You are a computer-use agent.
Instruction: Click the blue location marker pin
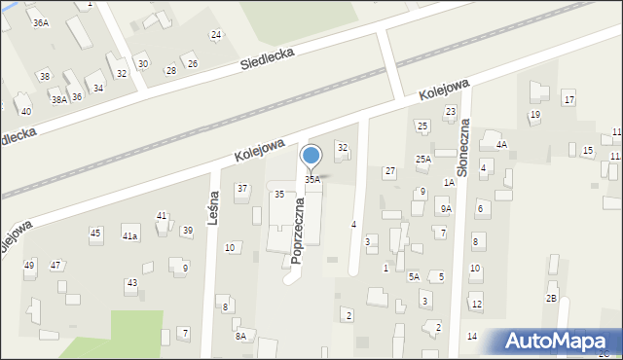pyautogui.click(x=311, y=157)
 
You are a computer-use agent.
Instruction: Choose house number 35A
pyautogui.click(x=311, y=180)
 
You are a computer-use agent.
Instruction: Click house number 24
pyautogui.click(x=216, y=35)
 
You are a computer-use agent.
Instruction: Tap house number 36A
pyautogui.click(x=40, y=21)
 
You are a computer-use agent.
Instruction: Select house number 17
pyautogui.click(x=568, y=100)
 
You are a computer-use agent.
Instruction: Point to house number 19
pyautogui.click(x=534, y=115)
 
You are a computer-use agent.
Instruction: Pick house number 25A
pyautogui.click(x=423, y=159)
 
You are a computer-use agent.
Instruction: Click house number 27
pyautogui.click(x=389, y=171)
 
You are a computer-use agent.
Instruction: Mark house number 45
pyautogui.click(x=95, y=233)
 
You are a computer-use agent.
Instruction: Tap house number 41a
pyautogui.click(x=129, y=235)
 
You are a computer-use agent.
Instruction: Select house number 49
pyautogui.click(x=29, y=266)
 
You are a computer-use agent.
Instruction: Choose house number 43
pyautogui.click(x=131, y=283)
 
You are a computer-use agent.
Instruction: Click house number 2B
pyautogui.click(x=551, y=298)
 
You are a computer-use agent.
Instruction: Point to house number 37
pyautogui.click(x=242, y=188)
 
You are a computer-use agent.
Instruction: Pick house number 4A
pyautogui.click(x=501, y=144)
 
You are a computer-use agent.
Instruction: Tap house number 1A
pyautogui.click(x=450, y=182)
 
